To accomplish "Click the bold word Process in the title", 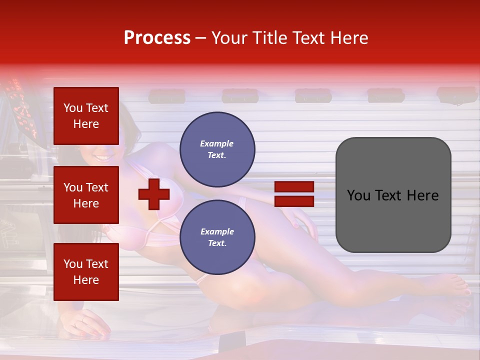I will [x=157, y=38].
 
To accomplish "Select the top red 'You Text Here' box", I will [x=86, y=116].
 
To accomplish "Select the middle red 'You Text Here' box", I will [x=86, y=195].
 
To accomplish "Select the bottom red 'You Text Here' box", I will [x=86, y=271].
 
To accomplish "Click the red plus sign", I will [x=154, y=194].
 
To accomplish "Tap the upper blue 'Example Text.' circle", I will [x=217, y=149].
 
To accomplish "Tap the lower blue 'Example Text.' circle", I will [x=217, y=237].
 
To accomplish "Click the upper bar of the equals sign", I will [x=294, y=187].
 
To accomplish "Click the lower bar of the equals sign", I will [x=294, y=201].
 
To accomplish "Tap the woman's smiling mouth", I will [x=103, y=158].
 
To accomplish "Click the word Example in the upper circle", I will [x=216, y=143].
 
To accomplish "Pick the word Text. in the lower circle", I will [x=216, y=243].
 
